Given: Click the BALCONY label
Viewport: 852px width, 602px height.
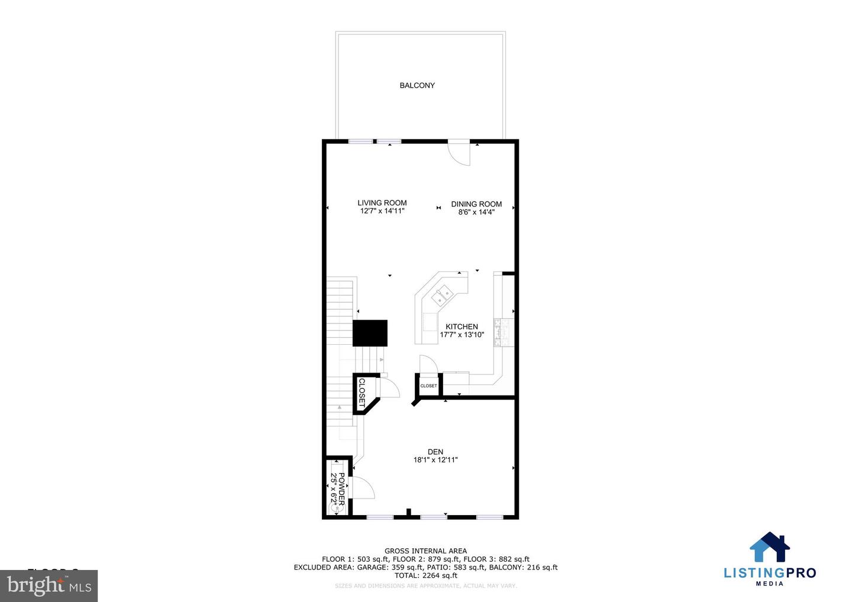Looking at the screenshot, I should (x=417, y=86).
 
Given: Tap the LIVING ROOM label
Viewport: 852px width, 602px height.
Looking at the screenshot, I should (x=382, y=203).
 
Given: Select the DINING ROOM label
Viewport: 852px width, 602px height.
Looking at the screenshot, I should (x=476, y=204).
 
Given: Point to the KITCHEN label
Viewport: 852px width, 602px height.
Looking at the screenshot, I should (x=461, y=326).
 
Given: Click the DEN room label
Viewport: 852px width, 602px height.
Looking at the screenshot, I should (x=435, y=452).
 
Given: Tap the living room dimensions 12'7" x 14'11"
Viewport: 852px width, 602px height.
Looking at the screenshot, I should (x=382, y=211).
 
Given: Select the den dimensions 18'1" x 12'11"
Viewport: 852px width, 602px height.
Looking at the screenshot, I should (x=435, y=460).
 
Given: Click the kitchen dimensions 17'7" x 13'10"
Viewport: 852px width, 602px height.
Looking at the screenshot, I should (x=461, y=335).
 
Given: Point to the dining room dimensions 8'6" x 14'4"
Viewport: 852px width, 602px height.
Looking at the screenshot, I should (x=476, y=212).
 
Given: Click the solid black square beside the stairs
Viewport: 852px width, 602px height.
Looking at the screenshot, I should (x=370, y=333).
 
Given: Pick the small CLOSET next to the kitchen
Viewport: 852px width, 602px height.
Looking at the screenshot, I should (x=428, y=386).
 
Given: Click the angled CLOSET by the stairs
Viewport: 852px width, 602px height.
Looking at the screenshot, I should (x=362, y=392).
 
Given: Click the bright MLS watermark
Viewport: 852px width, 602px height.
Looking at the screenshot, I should (x=49, y=586).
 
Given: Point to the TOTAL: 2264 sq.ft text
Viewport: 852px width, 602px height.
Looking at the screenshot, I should (x=425, y=575).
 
